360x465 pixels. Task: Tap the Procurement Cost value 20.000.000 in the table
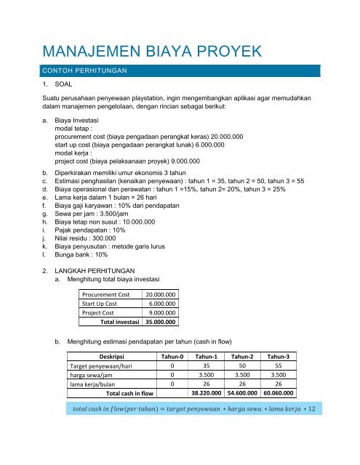tap(162, 295)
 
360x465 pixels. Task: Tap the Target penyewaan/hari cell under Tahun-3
tap(278, 366)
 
